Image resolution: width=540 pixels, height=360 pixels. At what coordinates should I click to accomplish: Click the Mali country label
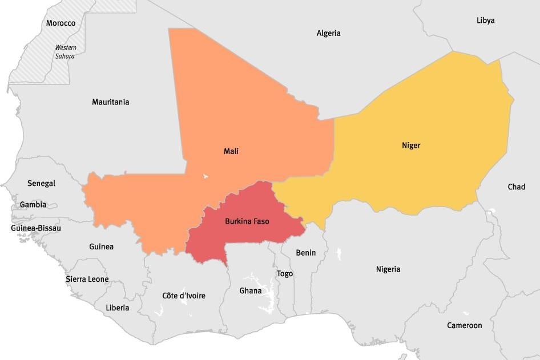pos(231,151)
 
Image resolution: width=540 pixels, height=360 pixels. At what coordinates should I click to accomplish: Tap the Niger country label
pos(411,145)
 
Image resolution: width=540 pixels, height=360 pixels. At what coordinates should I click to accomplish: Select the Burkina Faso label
pos(247,221)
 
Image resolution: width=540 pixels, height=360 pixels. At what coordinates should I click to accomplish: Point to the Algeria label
pos(328,33)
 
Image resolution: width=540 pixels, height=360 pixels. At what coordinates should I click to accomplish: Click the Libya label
pos(485,21)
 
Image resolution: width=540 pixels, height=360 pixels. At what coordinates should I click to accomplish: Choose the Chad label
pos(516,187)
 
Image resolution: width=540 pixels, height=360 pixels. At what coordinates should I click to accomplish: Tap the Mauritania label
pos(111,102)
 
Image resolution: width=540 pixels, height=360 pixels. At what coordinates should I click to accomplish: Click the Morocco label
pos(61,23)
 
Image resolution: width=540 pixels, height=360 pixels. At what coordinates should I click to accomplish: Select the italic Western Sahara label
pos(65,52)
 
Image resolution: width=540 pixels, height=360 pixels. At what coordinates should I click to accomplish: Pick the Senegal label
pos(41,183)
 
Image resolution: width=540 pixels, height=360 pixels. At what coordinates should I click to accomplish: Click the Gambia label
pos(33,204)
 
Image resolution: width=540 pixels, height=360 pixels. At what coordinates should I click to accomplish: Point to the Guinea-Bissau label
pos(36,228)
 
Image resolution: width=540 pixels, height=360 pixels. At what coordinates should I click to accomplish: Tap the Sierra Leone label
pos(87,280)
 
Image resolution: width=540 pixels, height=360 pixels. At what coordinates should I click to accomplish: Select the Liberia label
pos(117,308)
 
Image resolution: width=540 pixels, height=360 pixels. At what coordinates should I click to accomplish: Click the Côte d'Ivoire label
pos(184,296)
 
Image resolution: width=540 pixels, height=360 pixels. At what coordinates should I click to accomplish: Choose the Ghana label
pos(250,291)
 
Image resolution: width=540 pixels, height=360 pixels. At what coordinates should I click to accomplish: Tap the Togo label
pos(285,274)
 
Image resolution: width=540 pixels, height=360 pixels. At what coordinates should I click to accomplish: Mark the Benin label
pos(305,253)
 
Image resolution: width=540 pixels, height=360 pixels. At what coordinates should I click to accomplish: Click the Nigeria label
pos(388,269)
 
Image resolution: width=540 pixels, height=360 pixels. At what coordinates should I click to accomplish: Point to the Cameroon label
pos(464,326)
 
